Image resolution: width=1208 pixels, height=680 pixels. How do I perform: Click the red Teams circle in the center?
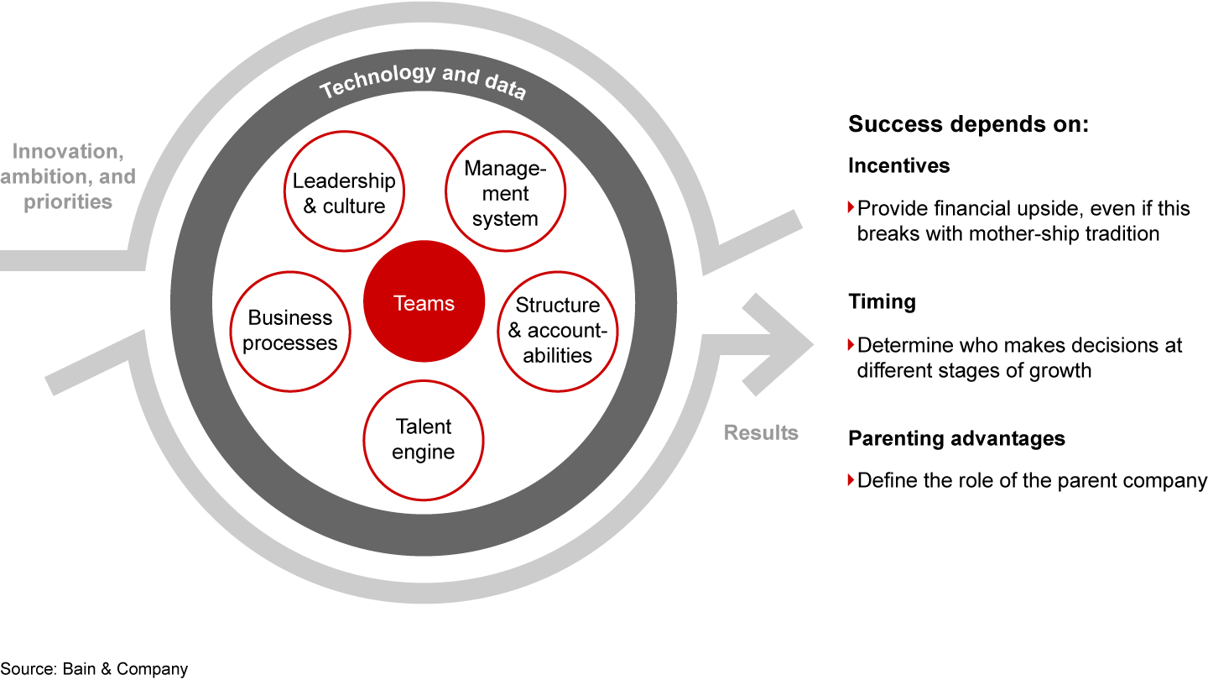pyautogui.click(x=424, y=301)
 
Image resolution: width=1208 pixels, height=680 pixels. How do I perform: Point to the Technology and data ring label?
pyautogui.click(x=423, y=81)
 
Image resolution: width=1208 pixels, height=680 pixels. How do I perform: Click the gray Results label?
pyautogui.click(x=761, y=433)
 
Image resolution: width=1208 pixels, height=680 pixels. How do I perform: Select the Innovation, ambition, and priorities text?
pyautogui.click(x=68, y=176)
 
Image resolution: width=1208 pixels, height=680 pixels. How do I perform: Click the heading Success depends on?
pyautogui.click(x=969, y=124)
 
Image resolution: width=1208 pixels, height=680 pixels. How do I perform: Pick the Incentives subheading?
pyautogui.click(x=899, y=165)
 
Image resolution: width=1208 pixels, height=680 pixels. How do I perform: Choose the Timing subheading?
pyautogui.click(x=883, y=301)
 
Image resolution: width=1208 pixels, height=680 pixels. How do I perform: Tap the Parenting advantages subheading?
pyautogui.click(x=956, y=438)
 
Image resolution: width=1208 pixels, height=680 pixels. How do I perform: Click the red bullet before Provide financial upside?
pyautogui.click(x=851, y=207)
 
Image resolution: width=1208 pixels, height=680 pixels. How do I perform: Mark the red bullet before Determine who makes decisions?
pyautogui.click(x=851, y=344)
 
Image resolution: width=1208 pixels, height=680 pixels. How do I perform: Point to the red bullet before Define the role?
pyautogui.click(x=851, y=479)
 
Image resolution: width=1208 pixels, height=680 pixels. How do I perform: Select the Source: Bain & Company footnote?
pyautogui.click(x=94, y=669)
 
